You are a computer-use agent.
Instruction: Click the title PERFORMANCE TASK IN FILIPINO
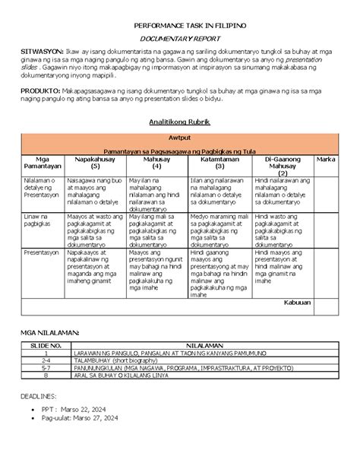tap(180, 25)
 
